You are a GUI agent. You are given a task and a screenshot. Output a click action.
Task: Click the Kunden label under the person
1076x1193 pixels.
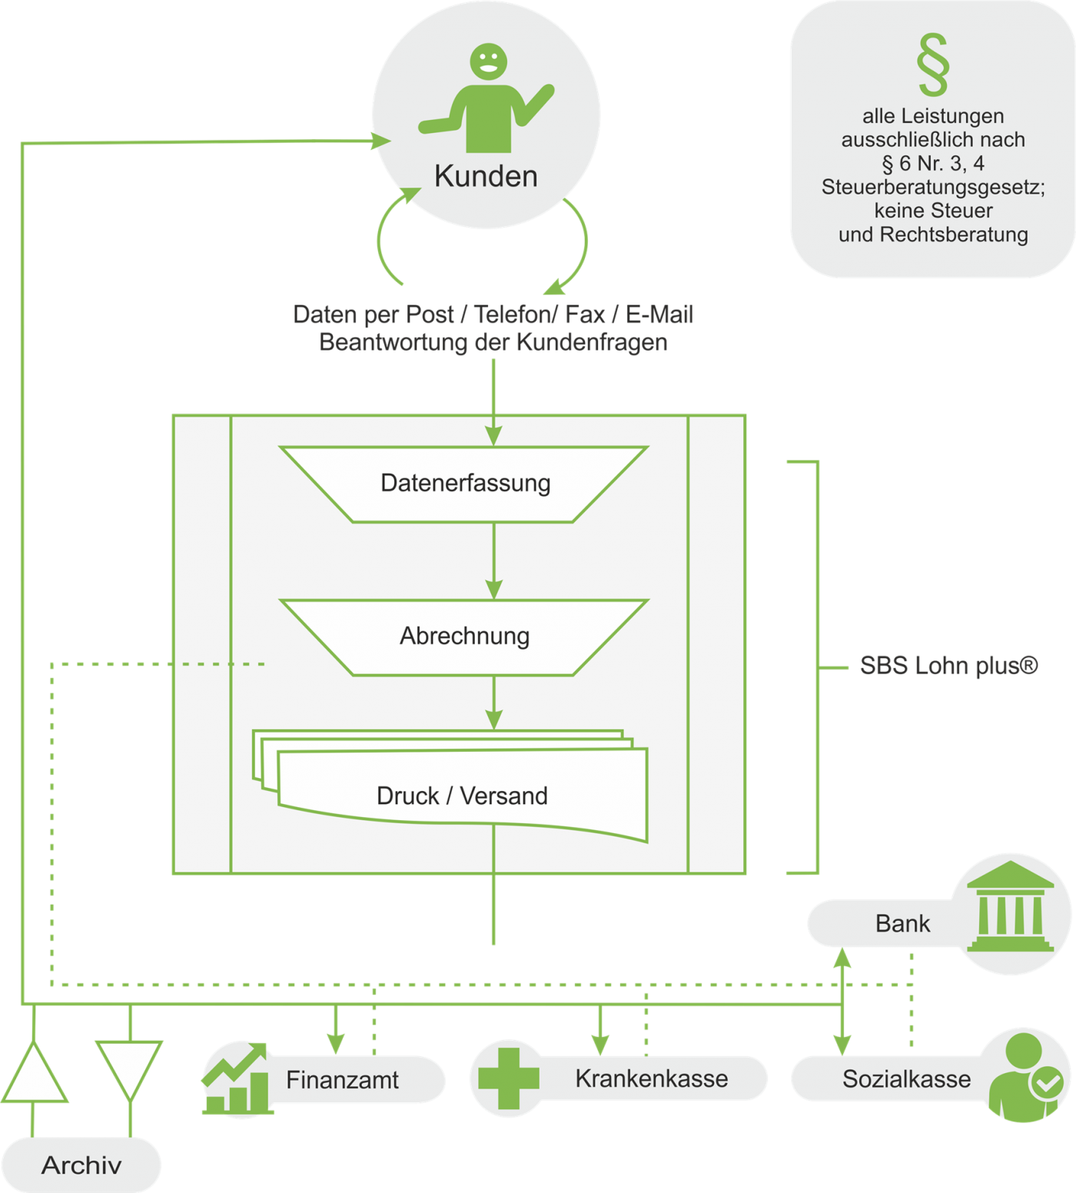click(x=486, y=176)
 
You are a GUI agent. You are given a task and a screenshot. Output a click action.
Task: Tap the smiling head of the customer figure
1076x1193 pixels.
click(x=488, y=61)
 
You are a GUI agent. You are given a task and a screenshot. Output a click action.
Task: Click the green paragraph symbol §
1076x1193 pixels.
click(x=933, y=65)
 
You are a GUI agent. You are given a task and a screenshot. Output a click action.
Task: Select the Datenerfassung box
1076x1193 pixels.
click(x=465, y=484)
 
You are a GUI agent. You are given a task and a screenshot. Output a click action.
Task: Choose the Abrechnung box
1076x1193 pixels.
click(x=465, y=636)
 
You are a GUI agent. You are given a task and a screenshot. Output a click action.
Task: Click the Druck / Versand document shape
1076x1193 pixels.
click(x=462, y=795)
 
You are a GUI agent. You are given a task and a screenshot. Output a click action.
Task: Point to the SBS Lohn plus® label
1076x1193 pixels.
click(x=948, y=666)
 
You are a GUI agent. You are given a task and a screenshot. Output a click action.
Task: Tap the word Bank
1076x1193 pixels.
click(x=902, y=923)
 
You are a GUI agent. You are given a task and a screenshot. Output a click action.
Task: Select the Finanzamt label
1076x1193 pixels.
click(x=342, y=1080)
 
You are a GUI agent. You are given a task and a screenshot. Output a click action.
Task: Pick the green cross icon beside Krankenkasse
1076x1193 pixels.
click(x=508, y=1078)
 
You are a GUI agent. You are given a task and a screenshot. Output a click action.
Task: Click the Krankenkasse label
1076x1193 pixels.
click(x=651, y=1078)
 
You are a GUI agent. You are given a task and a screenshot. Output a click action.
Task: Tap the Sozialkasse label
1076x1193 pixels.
click(x=906, y=1079)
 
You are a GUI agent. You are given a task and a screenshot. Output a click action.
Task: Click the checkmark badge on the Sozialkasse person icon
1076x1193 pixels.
click(x=1046, y=1084)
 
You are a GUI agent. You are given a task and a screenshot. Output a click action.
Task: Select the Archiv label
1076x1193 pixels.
click(x=81, y=1165)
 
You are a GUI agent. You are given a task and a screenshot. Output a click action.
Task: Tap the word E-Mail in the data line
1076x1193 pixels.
click(x=659, y=314)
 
